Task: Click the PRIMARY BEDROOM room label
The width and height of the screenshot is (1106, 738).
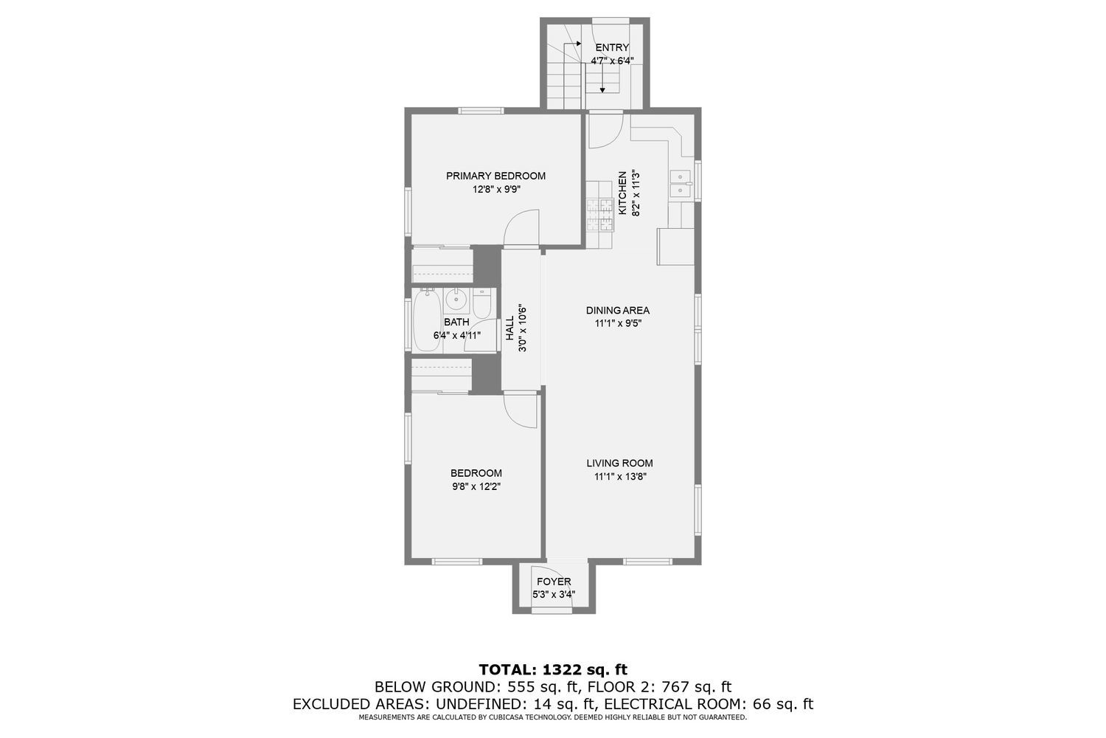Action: [495, 176]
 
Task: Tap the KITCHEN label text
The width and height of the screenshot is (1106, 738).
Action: [622, 193]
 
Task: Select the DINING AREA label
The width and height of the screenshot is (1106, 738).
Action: [617, 310]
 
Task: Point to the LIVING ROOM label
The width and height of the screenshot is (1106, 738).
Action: [619, 463]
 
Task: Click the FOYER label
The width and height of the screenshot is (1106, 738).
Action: [553, 582]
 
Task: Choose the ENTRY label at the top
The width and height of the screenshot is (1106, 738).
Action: [612, 48]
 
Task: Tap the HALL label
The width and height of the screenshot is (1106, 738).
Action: [509, 328]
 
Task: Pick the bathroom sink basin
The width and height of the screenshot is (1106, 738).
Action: [456, 299]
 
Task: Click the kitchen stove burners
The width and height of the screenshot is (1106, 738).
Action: [600, 215]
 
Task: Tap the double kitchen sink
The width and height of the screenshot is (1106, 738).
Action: [680, 184]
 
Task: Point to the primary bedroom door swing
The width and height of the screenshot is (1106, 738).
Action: [522, 227]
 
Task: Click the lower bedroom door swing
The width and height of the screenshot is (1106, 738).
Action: [522, 410]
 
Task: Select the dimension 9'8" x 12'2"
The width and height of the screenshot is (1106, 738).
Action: [476, 486]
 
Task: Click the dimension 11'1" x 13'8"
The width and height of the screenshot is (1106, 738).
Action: [619, 477]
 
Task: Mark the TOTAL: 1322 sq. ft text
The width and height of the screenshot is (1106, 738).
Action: [553, 670]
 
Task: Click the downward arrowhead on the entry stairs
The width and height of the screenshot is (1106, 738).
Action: [602, 89]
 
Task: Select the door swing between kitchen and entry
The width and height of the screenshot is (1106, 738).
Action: [604, 129]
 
